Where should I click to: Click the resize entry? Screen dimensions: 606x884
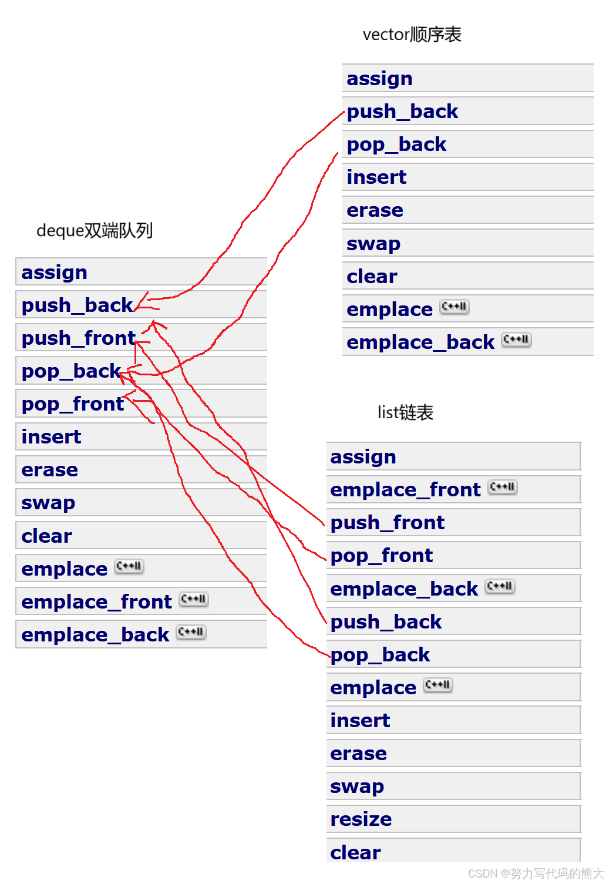click(361, 819)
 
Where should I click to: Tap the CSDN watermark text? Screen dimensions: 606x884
click(534, 873)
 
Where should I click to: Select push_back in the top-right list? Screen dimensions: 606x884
click(402, 112)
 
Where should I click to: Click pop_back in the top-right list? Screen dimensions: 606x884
click(396, 144)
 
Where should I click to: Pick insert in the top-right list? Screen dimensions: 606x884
click(376, 177)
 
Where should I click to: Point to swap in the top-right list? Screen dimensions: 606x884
click(373, 243)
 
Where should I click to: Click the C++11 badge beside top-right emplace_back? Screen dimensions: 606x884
click(516, 340)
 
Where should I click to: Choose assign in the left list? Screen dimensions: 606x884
click(54, 273)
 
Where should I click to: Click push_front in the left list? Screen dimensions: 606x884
click(78, 338)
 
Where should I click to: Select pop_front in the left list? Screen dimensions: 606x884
click(73, 404)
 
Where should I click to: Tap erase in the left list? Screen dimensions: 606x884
click(49, 470)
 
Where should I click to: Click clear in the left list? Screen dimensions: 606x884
click(46, 536)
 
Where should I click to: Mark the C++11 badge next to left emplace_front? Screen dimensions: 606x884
click(193, 599)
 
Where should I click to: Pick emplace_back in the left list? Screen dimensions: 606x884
click(95, 635)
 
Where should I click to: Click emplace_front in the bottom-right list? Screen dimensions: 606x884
click(405, 490)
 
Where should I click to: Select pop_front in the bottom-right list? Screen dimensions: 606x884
click(382, 556)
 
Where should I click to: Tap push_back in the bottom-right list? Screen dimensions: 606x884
click(386, 622)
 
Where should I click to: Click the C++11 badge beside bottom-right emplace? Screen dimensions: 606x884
click(438, 685)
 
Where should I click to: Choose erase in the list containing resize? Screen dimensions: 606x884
click(358, 754)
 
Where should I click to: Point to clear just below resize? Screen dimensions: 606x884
click(355, 852)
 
